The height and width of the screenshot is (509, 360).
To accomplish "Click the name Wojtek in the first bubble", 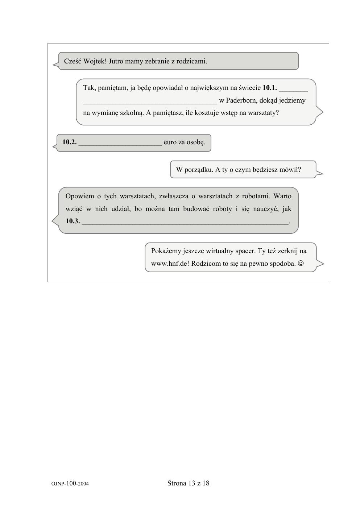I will (x=95, y=61).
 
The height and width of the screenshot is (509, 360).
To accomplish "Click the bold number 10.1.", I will (x=269, y=88).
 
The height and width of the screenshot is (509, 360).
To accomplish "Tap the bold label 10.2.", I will (x=69, y=142).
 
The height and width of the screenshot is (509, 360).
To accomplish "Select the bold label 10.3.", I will (x=73, y=221).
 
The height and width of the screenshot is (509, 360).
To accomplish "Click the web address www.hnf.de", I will (x=169, y=264).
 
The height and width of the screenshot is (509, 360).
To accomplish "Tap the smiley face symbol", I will (x=301, y=264).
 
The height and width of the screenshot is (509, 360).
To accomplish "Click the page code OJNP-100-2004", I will (x=70, y=484).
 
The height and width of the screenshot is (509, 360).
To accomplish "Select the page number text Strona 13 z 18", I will (x=188, y=483).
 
